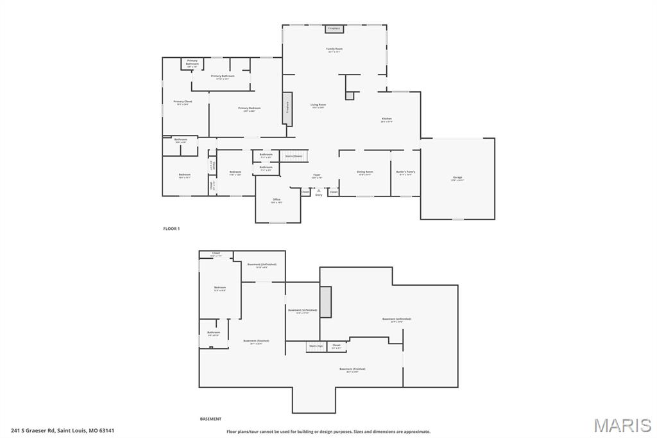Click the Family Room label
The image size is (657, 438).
pyautogui.click(x=334, y=49)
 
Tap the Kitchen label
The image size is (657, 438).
pyautogui.click(x=386, y=119)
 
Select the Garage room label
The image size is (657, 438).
pyautogui.click(x=457, y=178)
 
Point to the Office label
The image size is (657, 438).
pyautogui.click(x=277, y=200)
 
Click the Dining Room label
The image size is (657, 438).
pyautogui.click(x=365, y=172)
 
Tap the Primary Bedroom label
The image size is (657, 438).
pyautogui.click(x=249, y=109)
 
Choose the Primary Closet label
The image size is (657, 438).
pyautogui.click(x=183, y=102)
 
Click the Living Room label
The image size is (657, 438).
pyautogui.click(x=318, y=105)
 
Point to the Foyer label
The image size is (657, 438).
pyautogui.click(x=317, y=175)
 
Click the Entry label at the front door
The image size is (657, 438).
pyautogui.click(x=319, y=195)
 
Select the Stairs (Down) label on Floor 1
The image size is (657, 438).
pyautogui.click(x=294, y=155)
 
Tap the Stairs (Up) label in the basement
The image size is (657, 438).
pyautogui.click(x=316, y=346)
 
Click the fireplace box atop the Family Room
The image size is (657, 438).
pyautogui.click(x=334, y=29)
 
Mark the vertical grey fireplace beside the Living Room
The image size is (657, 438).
pyautogui.click(x=287, y=108)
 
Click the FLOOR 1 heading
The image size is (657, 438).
pyautogui.click(x=171, y=229)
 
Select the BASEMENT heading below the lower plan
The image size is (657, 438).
pyautogui.click(x=210, y=419)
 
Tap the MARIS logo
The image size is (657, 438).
pyautogui.click(x=622, y=425)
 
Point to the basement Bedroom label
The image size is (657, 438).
pyautogui.click(x=220, y=288)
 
